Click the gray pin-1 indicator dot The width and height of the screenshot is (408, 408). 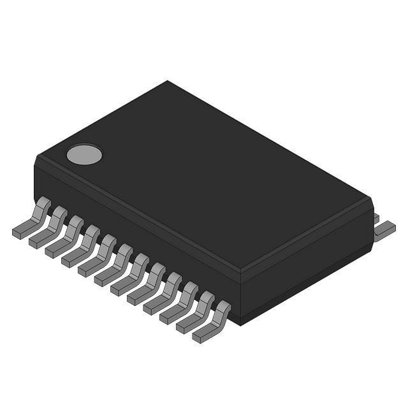point(84,154)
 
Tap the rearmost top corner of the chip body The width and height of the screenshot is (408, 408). point(168,82)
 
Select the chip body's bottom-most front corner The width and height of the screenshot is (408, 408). point(240,324)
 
